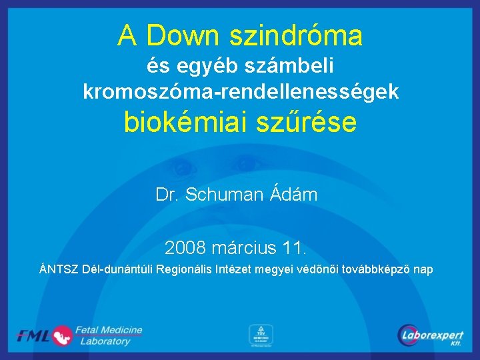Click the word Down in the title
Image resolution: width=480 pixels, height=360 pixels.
pos(186,35)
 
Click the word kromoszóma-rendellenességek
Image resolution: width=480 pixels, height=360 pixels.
pos(241,91)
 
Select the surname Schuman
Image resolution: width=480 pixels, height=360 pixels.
pos(224,195)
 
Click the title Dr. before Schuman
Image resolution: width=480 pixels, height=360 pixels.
pos(167,195)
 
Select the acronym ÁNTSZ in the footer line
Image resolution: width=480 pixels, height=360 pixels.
pos(59,269)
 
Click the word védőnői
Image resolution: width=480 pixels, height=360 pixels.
pos(315,269)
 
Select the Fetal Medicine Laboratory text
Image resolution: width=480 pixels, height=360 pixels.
pos(108,335)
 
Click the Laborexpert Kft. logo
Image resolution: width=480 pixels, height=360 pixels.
pos(431,335)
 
